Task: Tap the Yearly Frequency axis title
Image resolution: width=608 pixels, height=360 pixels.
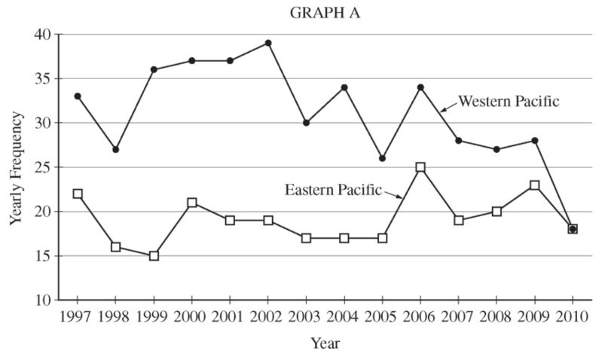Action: (x=16, y=167)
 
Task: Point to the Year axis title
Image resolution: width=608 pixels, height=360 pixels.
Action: (x=325, y=343)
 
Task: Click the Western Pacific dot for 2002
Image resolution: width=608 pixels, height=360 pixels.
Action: (x=267, y=43)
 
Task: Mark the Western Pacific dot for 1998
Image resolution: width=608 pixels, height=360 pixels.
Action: (x=115, y=149)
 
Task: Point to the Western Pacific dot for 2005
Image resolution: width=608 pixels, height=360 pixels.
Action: (x=382, y=158)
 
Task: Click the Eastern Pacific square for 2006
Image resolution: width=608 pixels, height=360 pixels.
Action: (x=420, y=167)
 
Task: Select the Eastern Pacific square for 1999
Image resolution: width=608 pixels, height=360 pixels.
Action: (x=154, y=255)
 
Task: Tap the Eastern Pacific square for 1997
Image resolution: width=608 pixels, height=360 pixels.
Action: (x=77, y=194)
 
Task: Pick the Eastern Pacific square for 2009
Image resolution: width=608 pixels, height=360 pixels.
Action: (x=534, y=185)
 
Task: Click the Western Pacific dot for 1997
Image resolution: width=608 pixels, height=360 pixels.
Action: (x=77, y=96)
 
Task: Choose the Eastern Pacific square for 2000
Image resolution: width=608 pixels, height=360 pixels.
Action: (x=191, y=203)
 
